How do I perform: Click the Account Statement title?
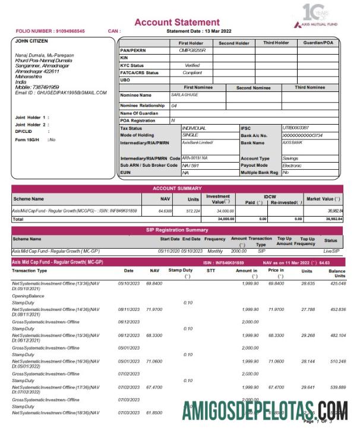176,23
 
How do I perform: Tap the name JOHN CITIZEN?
30,42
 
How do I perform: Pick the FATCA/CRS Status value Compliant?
193,72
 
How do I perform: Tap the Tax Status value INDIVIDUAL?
194,128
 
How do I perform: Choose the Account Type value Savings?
290,158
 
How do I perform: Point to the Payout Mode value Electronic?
292,166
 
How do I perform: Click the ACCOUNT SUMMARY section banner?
176,189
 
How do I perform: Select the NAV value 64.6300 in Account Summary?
165,211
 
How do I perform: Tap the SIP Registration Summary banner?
176,230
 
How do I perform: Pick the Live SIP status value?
331,251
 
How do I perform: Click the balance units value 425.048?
337,284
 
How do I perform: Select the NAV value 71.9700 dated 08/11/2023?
154,309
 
